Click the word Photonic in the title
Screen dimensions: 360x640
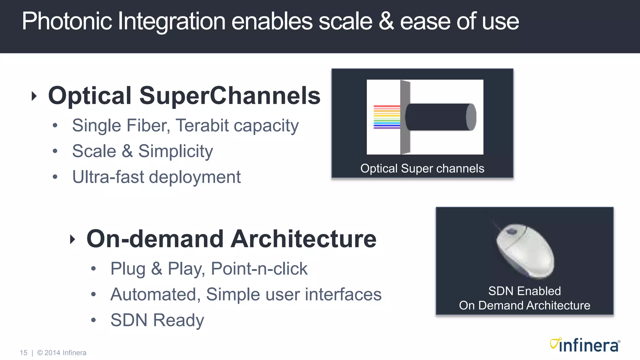pyautogui.click(x=67, y=21)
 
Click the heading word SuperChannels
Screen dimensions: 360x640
pyautogui.click(x=230, y=96)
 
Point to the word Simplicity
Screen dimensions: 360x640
pyautogui.click(x=175, y=152)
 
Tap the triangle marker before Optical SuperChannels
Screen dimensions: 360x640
pyautogui.click(x=34, y=96)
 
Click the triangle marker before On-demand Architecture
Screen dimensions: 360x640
pyautogui.click(x=72, y=239)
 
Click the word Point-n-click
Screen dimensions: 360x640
pyautogui.click(x=259, y=269)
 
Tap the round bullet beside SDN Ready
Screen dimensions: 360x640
pyautogui.click(x=93, y=320)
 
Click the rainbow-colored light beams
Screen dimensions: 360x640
pyautogui.click(x=387, y=117)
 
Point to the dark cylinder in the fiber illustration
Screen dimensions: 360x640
pyautogui.click(x=439, y=117)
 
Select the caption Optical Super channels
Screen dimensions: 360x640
pyautogui.click(x=422, y=168)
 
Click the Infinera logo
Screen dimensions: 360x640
pyautogui.click(x=585, y=345)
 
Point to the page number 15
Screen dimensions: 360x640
pyautogui.click(x=23, y=353)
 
